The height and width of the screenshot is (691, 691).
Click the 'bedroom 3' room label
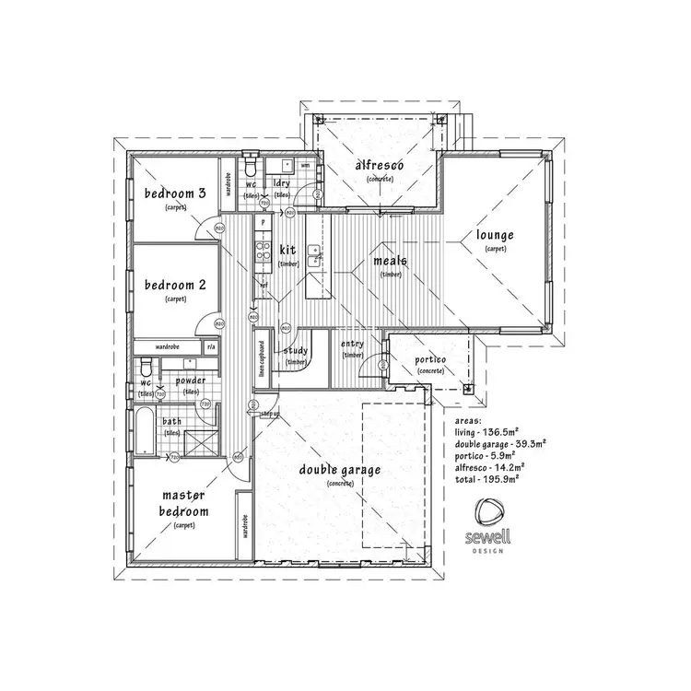pyautogui.click(x=173, y=193)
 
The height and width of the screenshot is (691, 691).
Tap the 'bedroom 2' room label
pyautogui.click(x=173, y=286)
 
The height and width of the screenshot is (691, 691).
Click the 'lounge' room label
pyautogui.click(x=495, y=235)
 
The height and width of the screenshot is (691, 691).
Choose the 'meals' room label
pyautogui.click(x=390, y=261)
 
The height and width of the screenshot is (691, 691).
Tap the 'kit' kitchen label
pyautogui.click(x=287, y=250)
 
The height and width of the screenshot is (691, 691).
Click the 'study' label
pyautogui.click(x=296, y=350)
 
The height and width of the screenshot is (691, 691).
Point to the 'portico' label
pyautogui.click(x=429, y=359)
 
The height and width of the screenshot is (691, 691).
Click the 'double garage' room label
pyautogui.click(x=340, y=470)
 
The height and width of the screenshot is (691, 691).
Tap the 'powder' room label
pyautogui.click(x=191, y=381)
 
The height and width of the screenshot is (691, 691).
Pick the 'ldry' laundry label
pyautogui.click(x=283, y=183)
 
